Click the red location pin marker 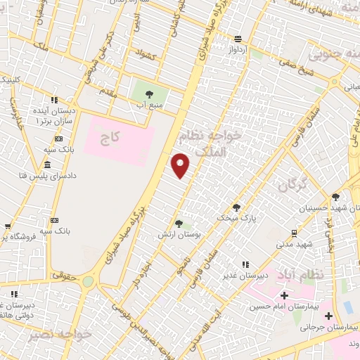coord(181,166)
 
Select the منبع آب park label coord(148,105)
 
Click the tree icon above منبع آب coord(148,93)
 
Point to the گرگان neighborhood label coord(292,186)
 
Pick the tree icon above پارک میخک coord(236,207)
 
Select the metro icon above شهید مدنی coord(293,232)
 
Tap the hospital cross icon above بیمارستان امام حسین coord(284,295)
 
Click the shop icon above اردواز coord(238,39)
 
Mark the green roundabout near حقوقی coord(88,282)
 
